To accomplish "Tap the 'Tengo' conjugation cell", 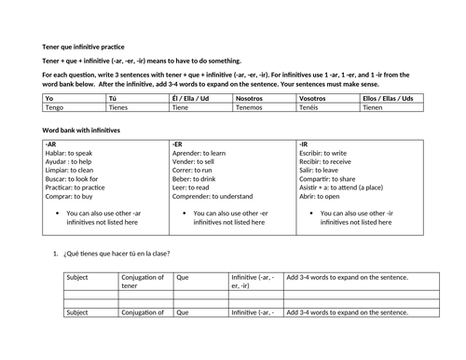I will pos(56,106).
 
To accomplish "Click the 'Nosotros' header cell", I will pos(251,97).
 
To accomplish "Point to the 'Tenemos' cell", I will pos(251,106).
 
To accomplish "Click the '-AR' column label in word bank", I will pos(50,145).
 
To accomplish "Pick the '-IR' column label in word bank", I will pos(304,145).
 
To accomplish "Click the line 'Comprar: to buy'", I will pos(72,196).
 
